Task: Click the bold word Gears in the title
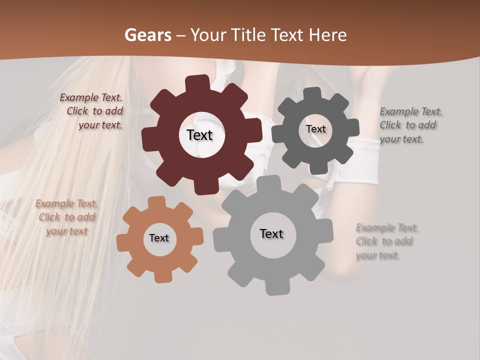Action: tap(147, 35)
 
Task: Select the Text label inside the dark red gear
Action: tap(199, 135)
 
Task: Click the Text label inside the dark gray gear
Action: tap(315, 129)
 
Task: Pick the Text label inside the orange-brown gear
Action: tap(159, 238)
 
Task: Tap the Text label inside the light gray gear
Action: tap(271, 233)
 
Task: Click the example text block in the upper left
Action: tap(92, 111)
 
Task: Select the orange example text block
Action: tap(66, 217)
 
